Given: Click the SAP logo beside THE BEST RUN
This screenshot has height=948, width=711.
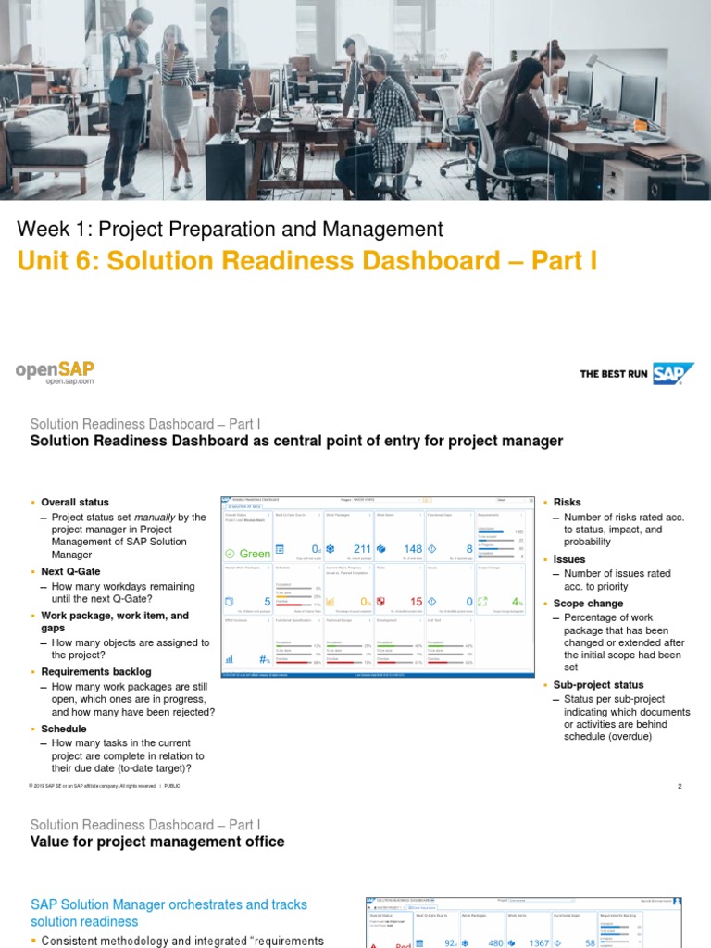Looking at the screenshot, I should coord(673,373).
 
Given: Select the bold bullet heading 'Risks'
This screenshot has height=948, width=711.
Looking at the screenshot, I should coord(567,503).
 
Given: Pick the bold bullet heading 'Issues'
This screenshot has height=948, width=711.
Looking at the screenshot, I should coord(569,560).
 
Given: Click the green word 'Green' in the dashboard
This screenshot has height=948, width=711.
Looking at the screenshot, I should coord(255,554).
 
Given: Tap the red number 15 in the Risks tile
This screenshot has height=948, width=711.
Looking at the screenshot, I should coord(416,602).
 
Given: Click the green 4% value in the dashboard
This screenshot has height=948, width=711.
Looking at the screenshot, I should coord(518,602).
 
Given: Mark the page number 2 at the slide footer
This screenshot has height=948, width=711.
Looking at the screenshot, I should coord(679,786).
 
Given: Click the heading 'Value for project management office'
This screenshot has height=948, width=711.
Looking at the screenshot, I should coord(157,842).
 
